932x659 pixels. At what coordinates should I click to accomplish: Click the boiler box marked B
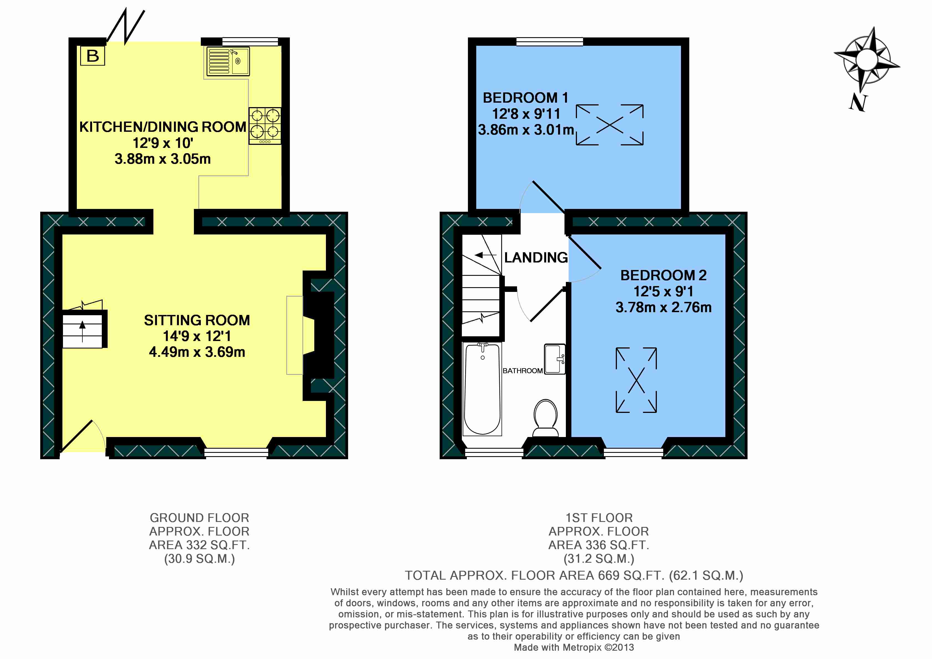click(x=93, y=55)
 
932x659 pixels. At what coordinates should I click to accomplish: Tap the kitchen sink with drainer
click(x=228, y=61)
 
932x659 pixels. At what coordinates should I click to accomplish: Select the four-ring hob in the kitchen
click(x=265, y=125)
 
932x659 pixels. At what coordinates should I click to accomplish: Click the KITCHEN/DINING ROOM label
click(x=162, y=127)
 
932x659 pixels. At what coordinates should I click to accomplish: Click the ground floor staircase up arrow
click(x=82, y=331)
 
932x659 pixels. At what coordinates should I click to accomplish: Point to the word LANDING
click(x=536, y=257)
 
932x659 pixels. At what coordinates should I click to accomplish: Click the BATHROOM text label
click(x=522, y=371)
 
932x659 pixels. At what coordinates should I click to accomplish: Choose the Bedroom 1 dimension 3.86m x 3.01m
click(x=526, y=130)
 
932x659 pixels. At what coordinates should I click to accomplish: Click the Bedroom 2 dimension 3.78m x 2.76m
click(x=663, y=307)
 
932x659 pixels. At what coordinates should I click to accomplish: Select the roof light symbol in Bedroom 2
click(x=636, y=380)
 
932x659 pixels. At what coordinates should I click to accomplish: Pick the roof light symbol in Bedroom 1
click(x=610, y=125)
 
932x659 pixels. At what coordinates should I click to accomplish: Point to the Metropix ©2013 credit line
click(x=574, y=648)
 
